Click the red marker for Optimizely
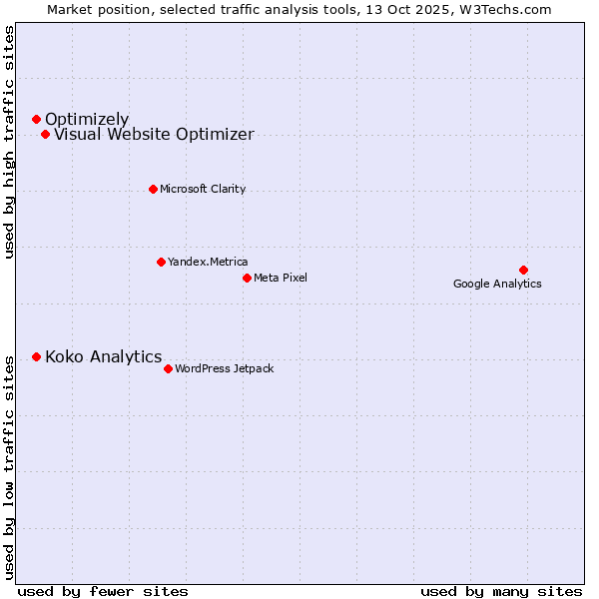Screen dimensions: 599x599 [36, 120]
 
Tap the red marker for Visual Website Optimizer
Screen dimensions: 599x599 [45, 135]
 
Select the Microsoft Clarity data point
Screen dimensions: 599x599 [153, 189]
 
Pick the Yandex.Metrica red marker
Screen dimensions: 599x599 [161, 262]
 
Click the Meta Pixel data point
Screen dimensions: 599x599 [247, 278]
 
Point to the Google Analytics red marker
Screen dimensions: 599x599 [523, 270]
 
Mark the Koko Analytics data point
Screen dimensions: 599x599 [36, 356]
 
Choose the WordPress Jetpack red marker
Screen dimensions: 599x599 [168, 368]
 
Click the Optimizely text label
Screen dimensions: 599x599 [87, 120]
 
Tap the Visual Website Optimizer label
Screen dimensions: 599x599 [154, 135]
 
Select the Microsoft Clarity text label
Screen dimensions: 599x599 [203, 189]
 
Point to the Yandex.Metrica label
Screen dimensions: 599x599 [208, 262]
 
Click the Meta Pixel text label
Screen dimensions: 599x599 [281, 278]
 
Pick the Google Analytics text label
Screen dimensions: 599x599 [497, 284]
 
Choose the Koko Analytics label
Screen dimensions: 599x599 [103, 356]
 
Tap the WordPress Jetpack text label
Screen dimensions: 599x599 [224, 368]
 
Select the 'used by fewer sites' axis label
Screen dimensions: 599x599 [103, 591]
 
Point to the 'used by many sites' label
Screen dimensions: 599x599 [500, 591]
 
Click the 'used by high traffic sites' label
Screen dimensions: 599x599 [10, 142]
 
